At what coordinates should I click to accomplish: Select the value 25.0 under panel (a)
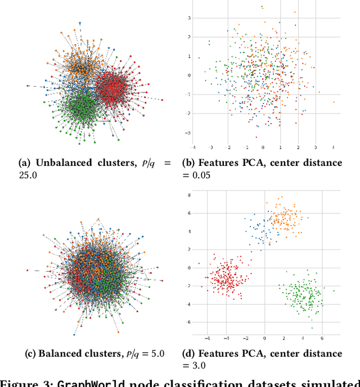29,175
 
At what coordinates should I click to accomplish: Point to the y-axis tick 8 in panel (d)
190,195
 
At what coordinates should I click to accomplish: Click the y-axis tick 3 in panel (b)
190,18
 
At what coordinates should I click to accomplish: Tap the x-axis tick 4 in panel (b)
333,147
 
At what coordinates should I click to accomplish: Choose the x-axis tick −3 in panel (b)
210,147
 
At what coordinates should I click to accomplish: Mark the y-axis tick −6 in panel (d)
189,322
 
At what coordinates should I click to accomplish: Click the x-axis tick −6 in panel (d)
207,339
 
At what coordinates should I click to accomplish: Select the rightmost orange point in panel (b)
334,102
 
